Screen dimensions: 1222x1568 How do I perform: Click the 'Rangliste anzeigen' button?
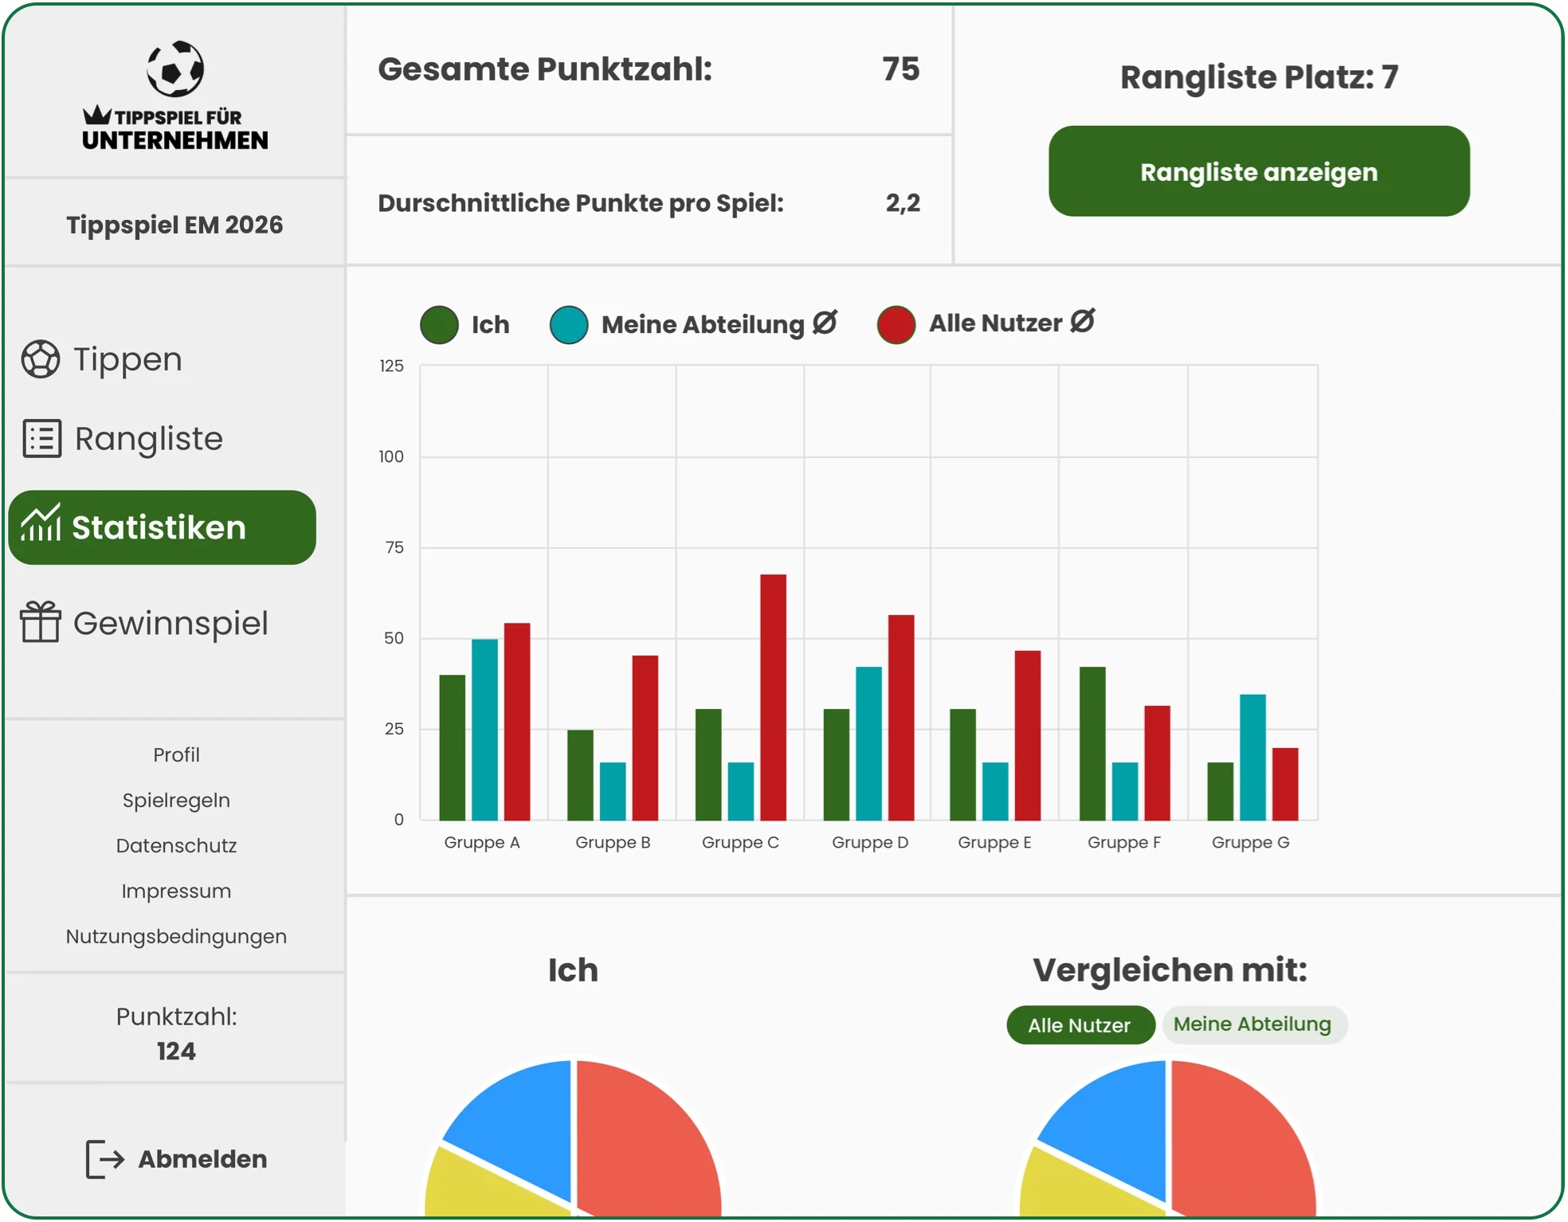tap(1258, 171)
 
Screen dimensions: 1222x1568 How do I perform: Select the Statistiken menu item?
tap(162, 527)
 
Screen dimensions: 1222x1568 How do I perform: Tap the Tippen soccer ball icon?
tap(41, 359)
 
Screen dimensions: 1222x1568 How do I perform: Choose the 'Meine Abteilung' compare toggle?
tap(1253, 1024)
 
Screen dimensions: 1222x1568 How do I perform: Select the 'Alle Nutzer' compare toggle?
tap(1080, 1025)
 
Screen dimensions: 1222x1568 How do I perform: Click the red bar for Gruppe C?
tap(773, 697)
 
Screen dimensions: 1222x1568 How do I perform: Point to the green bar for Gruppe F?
tap(1092, 743)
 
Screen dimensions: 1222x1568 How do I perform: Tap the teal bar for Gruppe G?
tap(1252, 757)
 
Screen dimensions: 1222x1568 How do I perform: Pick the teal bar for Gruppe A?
tap(484, 729)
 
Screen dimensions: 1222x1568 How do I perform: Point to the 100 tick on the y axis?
tap(391, 457)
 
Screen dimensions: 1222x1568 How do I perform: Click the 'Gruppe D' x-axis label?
tap(869, 843)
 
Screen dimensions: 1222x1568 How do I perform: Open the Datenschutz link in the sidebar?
tap(176, 846)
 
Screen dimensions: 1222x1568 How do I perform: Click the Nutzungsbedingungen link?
tap(176, 937)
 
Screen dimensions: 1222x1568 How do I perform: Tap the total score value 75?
tap(900, 69)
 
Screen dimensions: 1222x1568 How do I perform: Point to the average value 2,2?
tap(903, 203)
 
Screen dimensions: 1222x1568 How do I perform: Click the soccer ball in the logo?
tap(175, 69)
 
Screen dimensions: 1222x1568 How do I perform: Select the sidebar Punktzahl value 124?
tap(176, 1052)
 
